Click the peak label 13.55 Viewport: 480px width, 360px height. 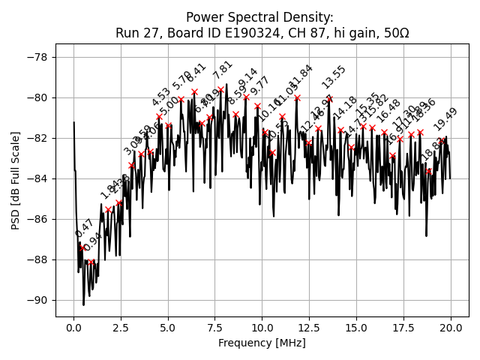point(334,76)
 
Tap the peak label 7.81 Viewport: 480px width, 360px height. point(223,70)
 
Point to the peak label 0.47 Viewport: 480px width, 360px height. point(84,229)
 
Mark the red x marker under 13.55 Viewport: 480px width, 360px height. point(329,98)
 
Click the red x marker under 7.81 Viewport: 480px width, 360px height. point(220,90)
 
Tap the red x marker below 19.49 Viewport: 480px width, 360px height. point(441,140)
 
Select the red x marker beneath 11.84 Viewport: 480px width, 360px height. point(297,97)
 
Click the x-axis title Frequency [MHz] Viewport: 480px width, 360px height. point(262,343)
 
